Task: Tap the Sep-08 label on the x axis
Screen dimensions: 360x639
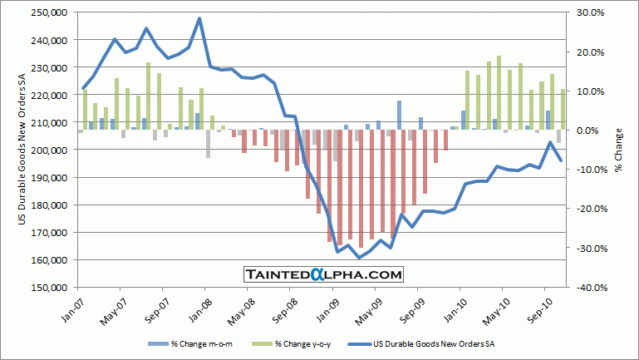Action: tap(290, 312)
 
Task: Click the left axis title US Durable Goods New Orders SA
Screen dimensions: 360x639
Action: tap(22, 150)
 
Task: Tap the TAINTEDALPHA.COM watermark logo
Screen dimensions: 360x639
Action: tap(323, 274)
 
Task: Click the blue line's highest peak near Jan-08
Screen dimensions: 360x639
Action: tap(199, 18)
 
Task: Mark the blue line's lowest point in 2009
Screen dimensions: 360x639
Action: tap(359, 258)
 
